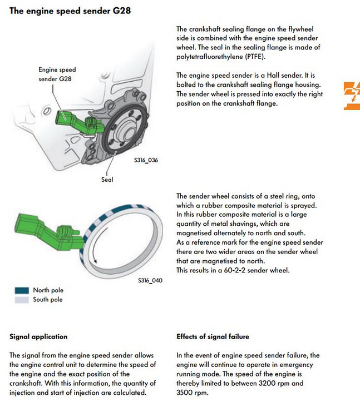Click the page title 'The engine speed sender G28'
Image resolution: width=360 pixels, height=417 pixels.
click(x=71, y=11)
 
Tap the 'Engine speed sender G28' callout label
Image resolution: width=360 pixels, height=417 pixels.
click(x=57, y=75)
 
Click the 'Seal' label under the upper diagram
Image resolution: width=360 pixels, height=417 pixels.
click(x=107, y=180)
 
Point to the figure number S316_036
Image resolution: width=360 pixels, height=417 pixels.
click(x=146, y=160)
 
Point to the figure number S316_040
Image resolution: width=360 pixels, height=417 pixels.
click(x=150, y=281)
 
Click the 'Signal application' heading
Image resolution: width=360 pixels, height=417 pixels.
click(x=38, y=336)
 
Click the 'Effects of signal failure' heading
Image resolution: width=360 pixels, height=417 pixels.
click(x=213, y=336)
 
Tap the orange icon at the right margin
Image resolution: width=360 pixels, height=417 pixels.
click(x=352, y=95)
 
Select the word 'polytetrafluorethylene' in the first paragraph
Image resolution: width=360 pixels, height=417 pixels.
click(x=209, y=56)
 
